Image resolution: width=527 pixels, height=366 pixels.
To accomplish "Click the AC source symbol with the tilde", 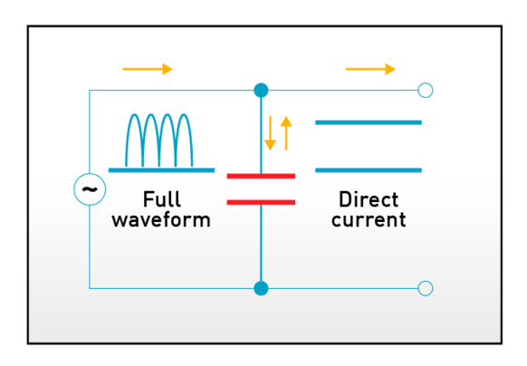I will [90, 188].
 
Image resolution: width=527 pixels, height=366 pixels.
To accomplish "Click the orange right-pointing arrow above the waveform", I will [148, 69].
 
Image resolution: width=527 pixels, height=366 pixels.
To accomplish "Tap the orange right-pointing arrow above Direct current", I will [370, 69].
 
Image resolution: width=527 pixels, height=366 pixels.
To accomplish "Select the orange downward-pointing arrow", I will [271, 133].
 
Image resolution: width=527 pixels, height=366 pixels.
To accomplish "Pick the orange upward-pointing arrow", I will [286, 132].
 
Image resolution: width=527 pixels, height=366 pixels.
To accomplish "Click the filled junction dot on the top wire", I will [261, 91].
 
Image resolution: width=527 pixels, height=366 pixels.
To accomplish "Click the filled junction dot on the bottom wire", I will [261, 288].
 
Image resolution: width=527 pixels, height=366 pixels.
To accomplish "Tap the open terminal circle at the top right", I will [425, 91].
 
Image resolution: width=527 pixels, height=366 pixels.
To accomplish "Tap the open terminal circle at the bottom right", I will [425, 288].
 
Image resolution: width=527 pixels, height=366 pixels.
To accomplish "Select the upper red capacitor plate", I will [261, 176].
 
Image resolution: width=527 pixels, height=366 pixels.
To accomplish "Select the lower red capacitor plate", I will [261, 201].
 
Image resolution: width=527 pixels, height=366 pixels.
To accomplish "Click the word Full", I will [161, 199].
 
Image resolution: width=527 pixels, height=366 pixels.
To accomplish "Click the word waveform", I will [161, 220].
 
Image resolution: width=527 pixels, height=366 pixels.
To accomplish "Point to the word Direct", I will [369, 199].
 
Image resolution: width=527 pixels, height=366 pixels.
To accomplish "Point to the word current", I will [369, 220].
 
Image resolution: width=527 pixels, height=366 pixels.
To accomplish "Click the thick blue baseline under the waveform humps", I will [161, 170].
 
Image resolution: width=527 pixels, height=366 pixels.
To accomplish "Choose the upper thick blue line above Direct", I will [369, 122].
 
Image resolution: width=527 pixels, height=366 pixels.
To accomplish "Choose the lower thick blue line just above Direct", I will [369, 170].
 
